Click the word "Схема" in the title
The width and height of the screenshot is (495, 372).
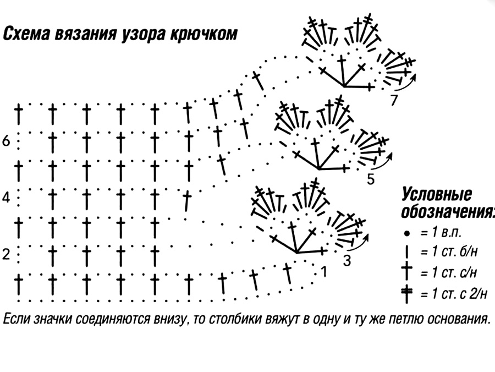coord(26,34)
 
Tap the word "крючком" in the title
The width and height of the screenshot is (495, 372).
coord(204,34)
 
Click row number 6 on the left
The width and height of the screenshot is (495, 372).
coord(6,141)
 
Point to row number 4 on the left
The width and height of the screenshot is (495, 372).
coord(6,198)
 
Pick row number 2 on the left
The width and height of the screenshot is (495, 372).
coord(6,254)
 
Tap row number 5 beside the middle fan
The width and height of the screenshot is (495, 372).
coord(371,179)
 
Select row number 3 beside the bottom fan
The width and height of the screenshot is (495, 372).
coord(347,261)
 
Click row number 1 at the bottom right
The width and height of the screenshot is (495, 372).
coord(323,272)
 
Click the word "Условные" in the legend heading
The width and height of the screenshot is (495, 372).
coord(437,194)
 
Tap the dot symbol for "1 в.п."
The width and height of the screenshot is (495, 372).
coord(407,234)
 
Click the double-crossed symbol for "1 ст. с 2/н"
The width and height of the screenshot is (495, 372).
coord(407,294)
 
